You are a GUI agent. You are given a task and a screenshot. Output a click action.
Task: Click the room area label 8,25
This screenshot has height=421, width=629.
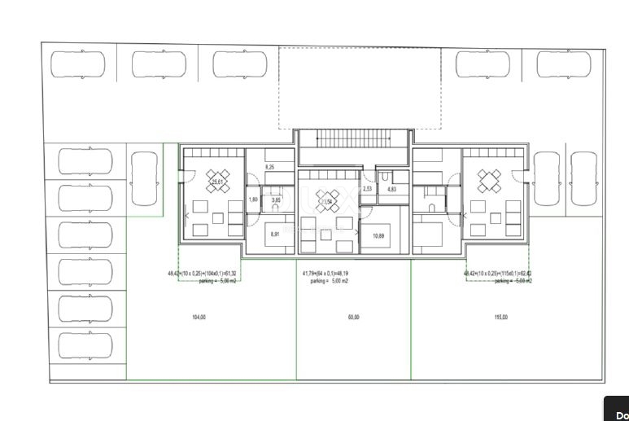click(x=270, y=167)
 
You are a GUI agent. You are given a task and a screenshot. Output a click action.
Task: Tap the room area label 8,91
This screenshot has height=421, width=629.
click(x=275, y=235)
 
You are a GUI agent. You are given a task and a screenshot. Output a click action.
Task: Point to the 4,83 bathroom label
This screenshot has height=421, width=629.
click(x=391, y=189)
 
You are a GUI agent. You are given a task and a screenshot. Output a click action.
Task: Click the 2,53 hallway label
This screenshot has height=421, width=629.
click(x=367, y=189)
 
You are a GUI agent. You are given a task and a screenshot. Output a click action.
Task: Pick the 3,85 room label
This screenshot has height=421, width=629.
click(x=276, y=200)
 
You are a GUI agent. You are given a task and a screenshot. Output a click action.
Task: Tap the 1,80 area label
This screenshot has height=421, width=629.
click(x=252, y=200)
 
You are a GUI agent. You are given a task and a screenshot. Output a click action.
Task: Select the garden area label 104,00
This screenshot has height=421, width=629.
click(x=199, y=317)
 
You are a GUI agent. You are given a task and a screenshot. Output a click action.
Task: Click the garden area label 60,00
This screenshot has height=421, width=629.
click(x=353, y=317)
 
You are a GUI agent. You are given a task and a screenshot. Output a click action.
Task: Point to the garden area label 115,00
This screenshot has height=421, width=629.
click(x=500, y=317)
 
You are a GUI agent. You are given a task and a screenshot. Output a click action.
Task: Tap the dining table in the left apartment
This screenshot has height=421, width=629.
click(x=217, y=181)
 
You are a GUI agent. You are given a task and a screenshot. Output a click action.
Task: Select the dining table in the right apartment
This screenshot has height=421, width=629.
click(x=489, y=181)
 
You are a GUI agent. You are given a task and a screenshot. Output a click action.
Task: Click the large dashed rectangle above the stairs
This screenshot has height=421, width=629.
click(x=360, y=86)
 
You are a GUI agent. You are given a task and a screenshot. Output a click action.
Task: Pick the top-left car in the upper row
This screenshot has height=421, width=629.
click(x=78, y=64)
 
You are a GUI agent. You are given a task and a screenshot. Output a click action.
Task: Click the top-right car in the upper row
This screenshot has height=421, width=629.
click(x=563, y=64)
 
